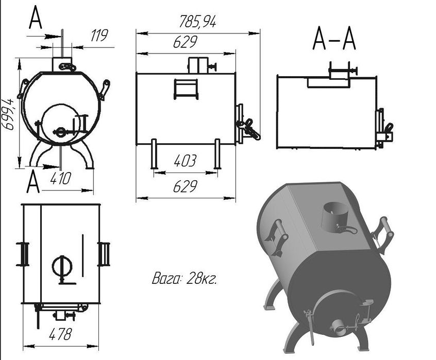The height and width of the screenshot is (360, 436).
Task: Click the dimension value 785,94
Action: click(197, 22)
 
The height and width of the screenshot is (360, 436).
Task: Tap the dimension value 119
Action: click(99, 36)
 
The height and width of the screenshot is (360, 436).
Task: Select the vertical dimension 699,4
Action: click(8, 114)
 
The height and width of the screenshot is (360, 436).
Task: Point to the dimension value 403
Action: click(185, 161)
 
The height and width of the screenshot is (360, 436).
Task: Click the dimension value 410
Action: click(61, 179)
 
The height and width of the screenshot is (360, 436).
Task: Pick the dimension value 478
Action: click(60, 334)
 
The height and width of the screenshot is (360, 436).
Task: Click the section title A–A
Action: click(334, 39)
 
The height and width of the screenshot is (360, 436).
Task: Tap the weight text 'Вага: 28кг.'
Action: click(185, 278)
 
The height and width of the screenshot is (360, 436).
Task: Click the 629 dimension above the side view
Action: click(185, 42)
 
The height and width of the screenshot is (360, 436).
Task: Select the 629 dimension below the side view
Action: click(185, 186)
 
